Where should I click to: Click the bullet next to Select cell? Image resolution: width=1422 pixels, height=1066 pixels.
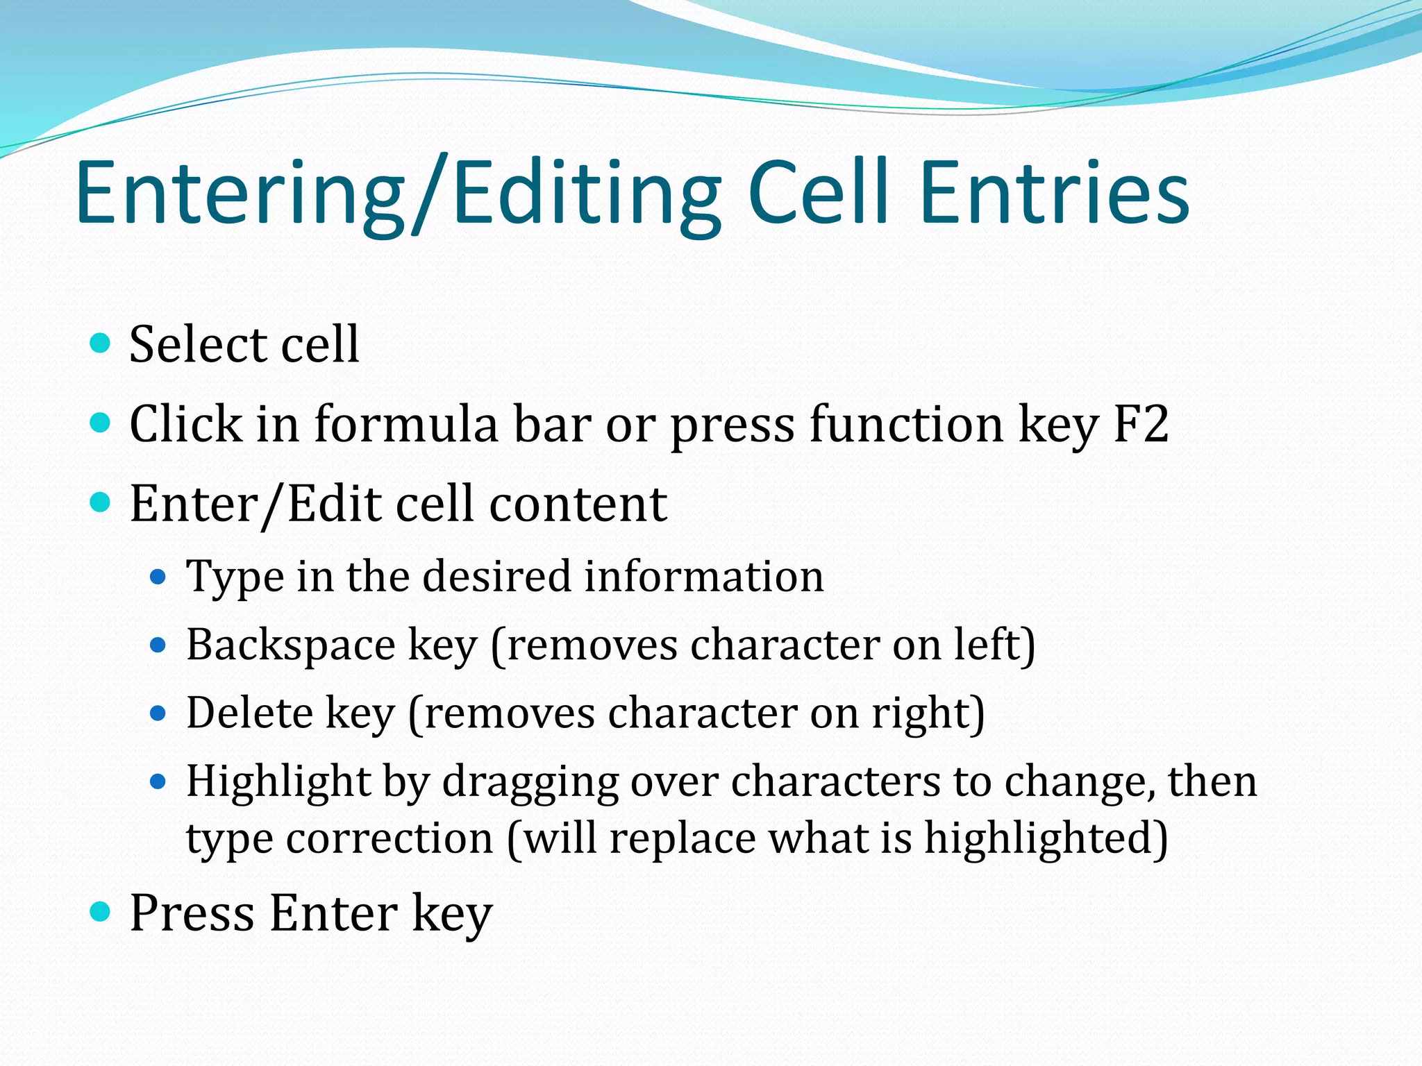click(x=101, y=343)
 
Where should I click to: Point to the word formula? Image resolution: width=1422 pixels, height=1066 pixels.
click(x=406, y=423)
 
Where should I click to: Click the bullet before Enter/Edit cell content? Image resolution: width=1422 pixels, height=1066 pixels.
click(x=101, y=502)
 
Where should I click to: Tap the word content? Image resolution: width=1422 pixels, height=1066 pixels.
click(x=578, y=503)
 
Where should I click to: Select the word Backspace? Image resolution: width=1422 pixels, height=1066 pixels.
click(x=291, y=645)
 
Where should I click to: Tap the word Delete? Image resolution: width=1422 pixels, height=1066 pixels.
click(x=250, y=713)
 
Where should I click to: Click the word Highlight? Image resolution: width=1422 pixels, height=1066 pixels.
click(x=278, y=782)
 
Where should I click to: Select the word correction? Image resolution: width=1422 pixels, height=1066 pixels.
click(x=390, y=838)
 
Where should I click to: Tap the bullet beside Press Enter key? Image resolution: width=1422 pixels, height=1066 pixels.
click(x=101, y=911)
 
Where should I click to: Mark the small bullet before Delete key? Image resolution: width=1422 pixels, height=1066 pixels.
click(x=158, y=713)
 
